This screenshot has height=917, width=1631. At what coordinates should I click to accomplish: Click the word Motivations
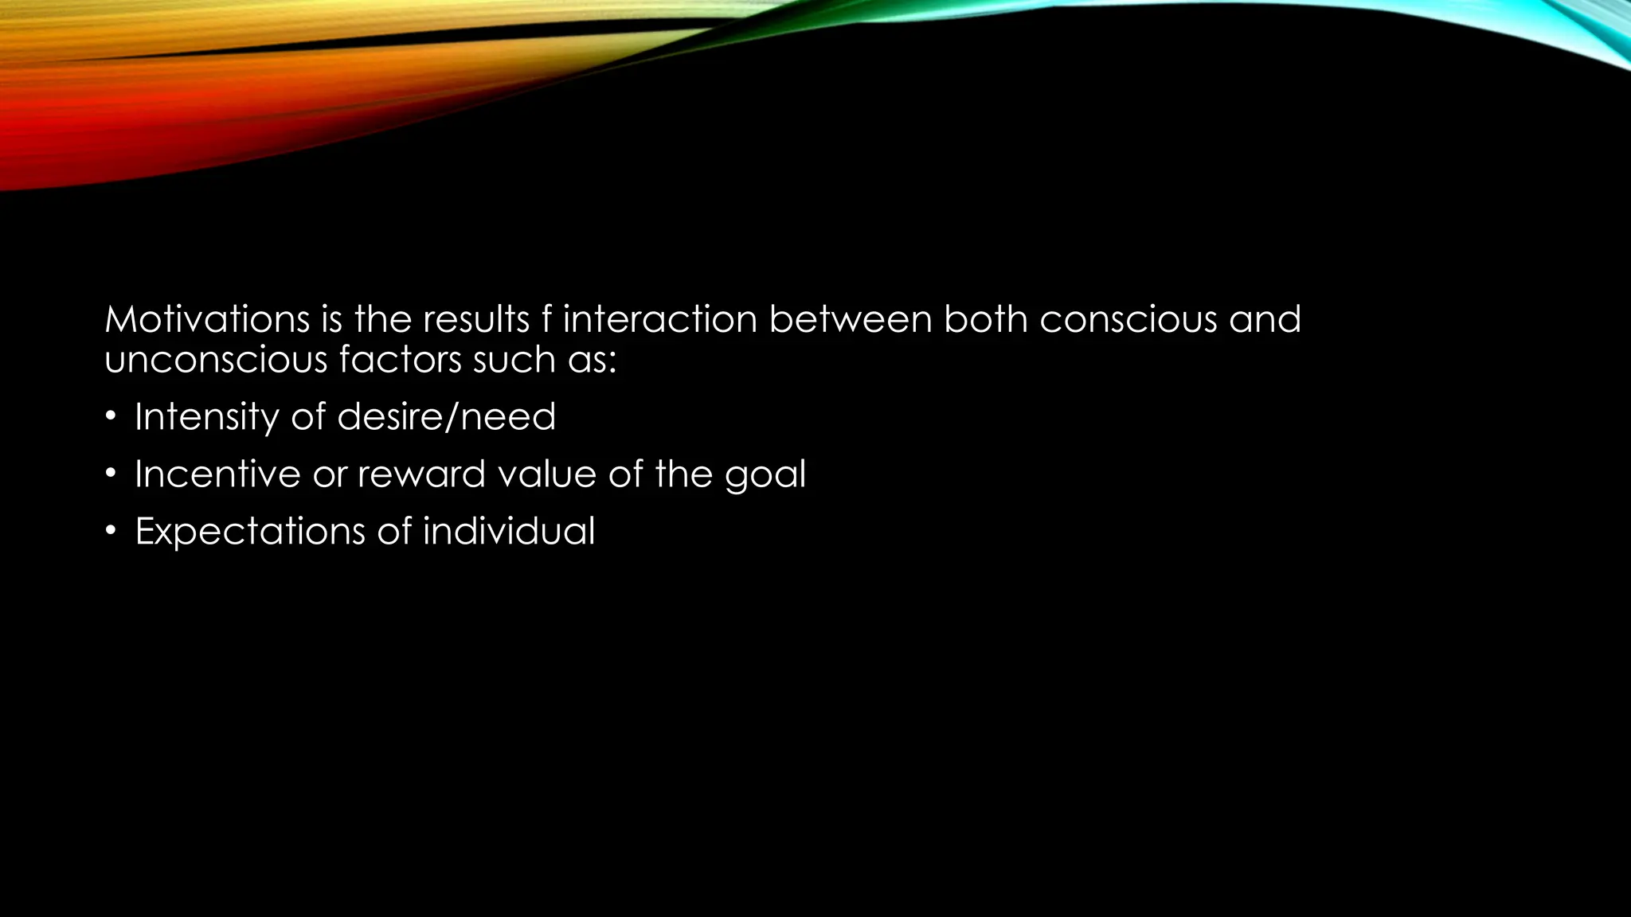click(207, 320)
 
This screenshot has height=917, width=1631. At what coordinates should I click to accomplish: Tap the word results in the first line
click(475, 320)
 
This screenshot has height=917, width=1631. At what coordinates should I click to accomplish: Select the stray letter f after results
click(546, 320)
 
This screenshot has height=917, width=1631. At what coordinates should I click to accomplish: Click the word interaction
click(660, 320)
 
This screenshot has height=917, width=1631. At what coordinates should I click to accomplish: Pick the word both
click(985, 320)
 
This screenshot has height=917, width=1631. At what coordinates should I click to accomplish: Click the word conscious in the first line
click(1128, 320)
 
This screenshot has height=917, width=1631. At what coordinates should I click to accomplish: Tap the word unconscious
click(216, 361)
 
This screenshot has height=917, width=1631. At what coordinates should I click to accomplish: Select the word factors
click(400, 361)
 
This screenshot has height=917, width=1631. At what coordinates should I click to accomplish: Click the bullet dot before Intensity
click(111, 416)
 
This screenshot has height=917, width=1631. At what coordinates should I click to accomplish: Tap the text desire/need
click(446, 417)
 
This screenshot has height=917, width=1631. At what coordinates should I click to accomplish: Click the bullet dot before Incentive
click(111, 474)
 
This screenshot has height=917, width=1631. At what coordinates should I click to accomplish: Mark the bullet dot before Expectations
click(111, 531)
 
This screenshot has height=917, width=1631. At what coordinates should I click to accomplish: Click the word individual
click(508, 531)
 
